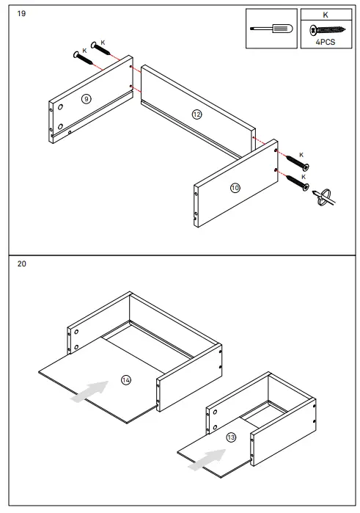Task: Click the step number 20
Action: (21, 264)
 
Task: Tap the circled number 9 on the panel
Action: (87, 98)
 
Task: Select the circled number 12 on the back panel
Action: (196, 114)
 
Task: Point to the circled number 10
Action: (235, 188)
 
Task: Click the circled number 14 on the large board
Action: (126, 379)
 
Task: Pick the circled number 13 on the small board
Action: (232, 437)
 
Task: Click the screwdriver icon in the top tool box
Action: (271, 29)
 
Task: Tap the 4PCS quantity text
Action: (325, 43)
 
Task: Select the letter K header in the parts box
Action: (325, 14)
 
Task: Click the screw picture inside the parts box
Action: (325, 29)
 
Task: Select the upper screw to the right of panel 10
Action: (297, 160)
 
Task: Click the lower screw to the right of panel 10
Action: (297, 181)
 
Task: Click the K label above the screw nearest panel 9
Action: (102, 42)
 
